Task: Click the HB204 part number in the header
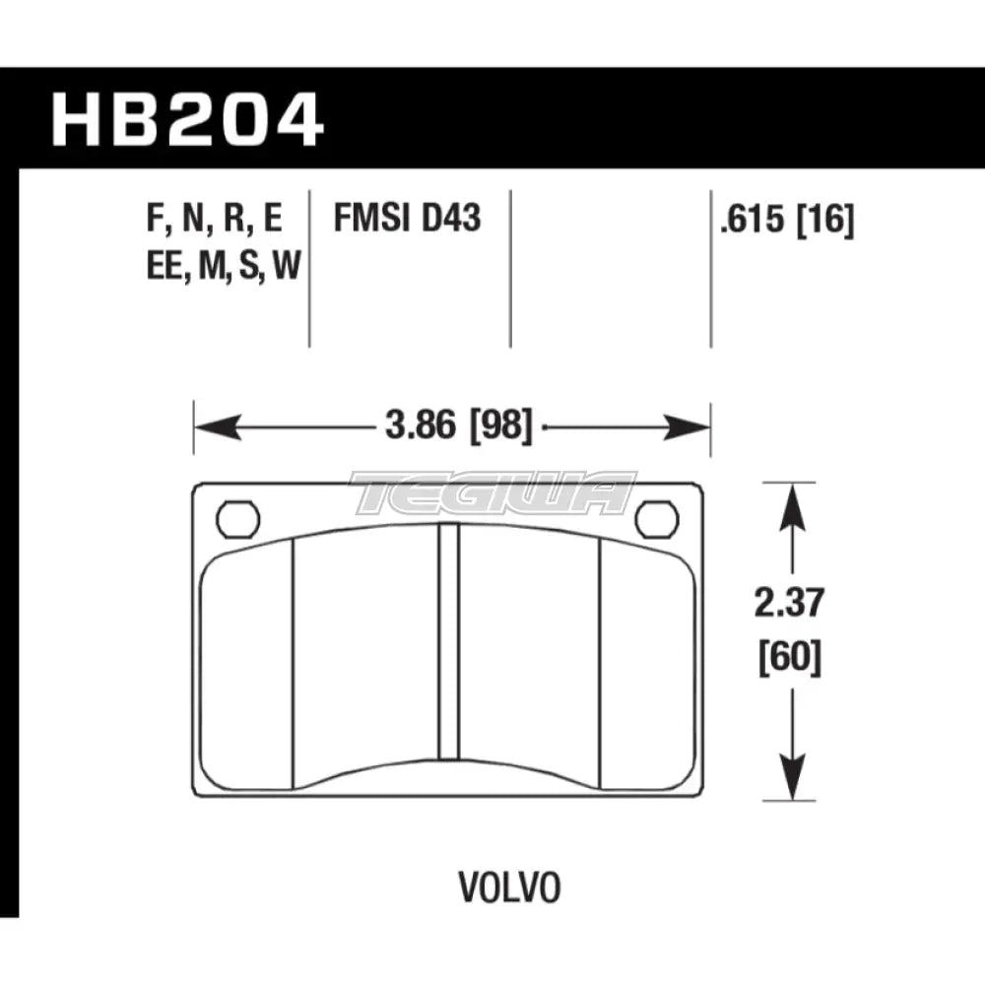(187, 120)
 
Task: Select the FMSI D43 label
(407, 217)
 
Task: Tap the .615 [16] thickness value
(786, 220)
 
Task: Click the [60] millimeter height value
(787, 656)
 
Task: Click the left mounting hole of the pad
(236, 519)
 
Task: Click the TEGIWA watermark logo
(492, 492)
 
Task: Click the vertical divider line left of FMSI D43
(310, 266)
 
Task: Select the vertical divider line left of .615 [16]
(710, 266)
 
